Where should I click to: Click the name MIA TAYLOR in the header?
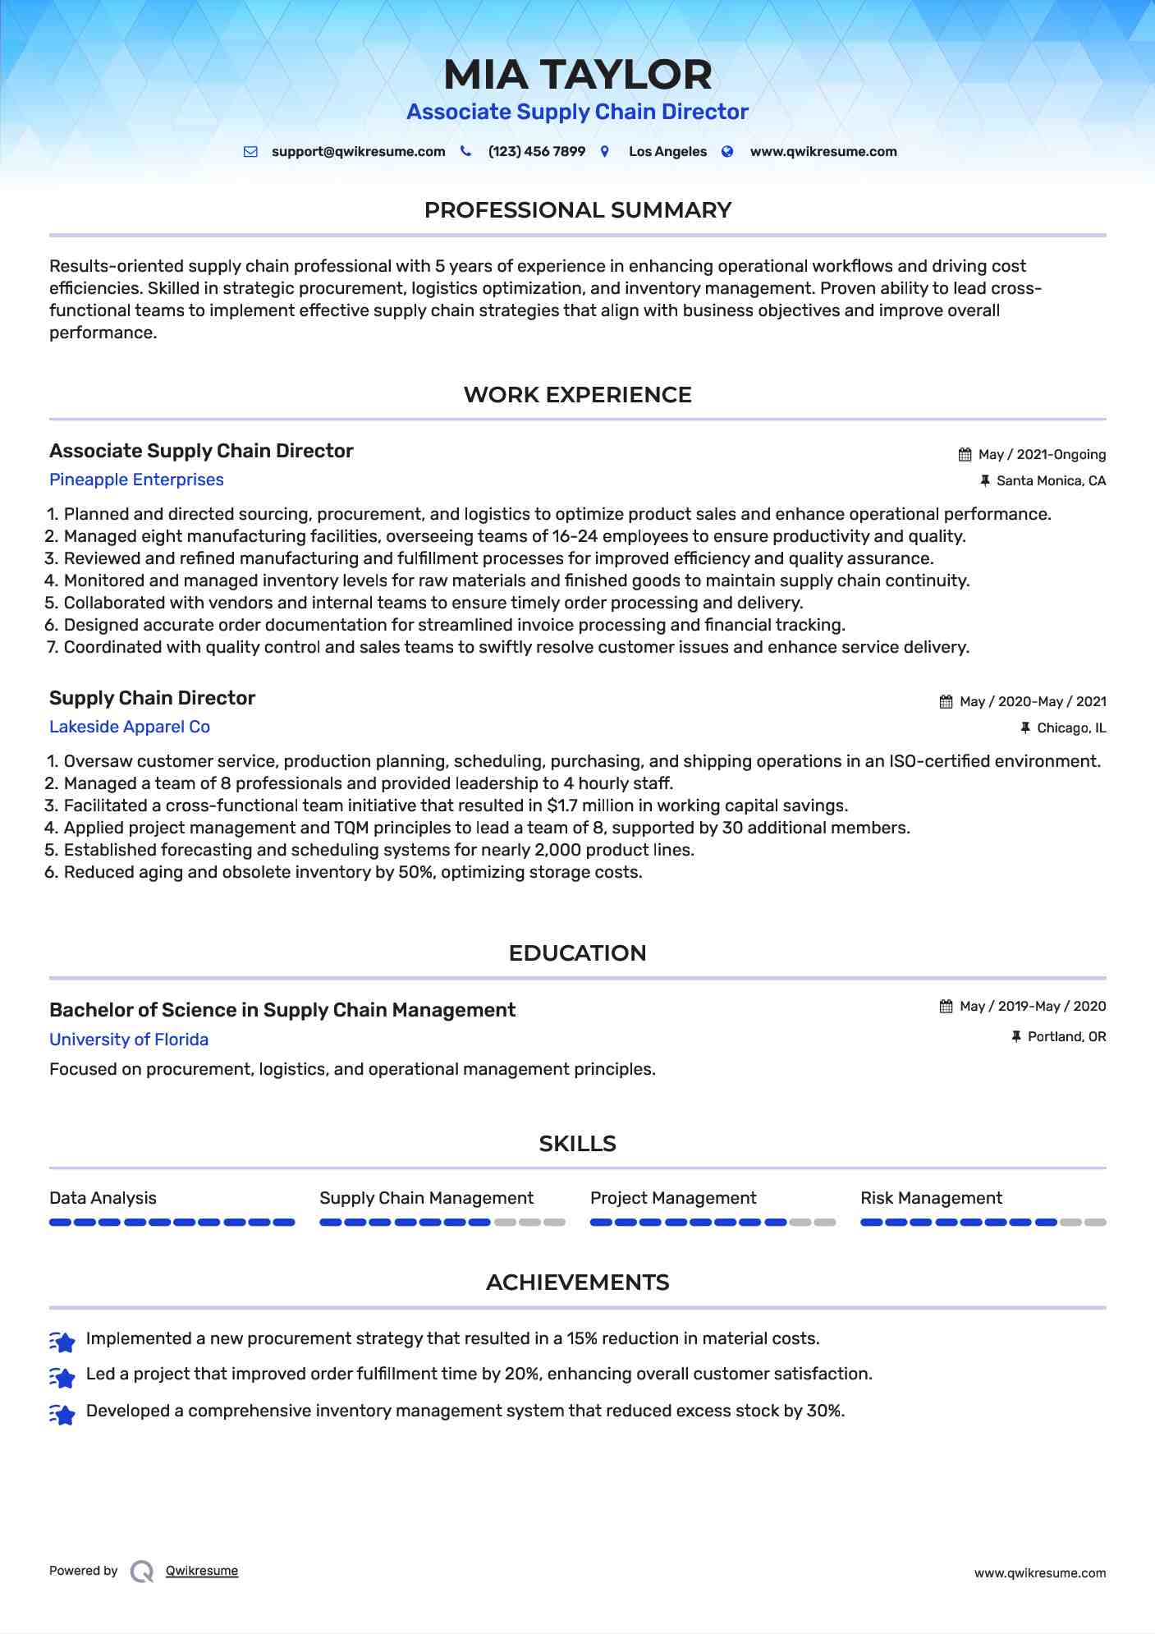577,75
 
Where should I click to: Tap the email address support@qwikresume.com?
358,152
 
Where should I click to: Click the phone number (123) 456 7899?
536,152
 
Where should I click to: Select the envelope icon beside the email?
250,152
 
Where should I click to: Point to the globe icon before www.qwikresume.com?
727,152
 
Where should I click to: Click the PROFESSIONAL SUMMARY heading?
577,210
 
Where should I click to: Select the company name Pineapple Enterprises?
136,480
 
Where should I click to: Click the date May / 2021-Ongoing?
1041,455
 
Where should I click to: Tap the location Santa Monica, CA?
1051,481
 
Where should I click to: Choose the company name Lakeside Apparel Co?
130,727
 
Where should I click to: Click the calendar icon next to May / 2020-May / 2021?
946,702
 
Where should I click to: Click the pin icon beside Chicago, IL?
1024,728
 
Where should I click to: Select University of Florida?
129,1040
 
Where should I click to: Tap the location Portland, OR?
1066,1037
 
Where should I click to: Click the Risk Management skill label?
931,1198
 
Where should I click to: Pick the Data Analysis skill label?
103,1198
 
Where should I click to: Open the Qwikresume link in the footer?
202,1571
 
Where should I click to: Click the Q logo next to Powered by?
142,1572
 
